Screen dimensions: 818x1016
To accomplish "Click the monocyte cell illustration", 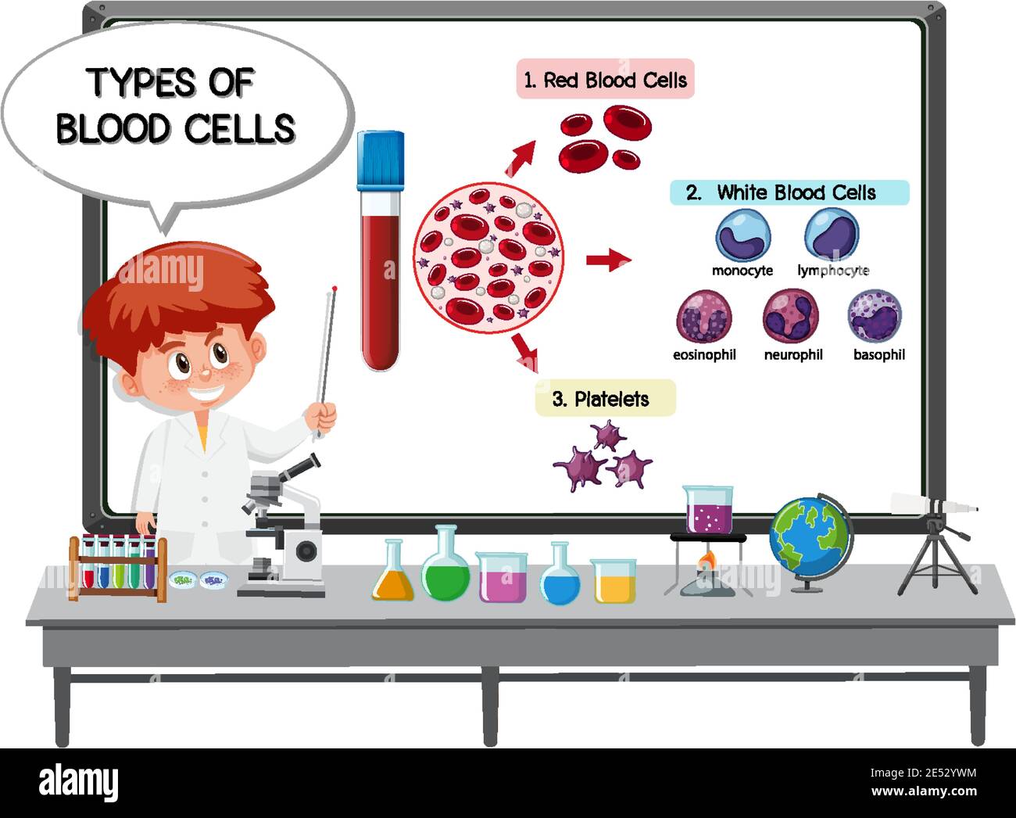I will pyautogui.click(x=742, y=235).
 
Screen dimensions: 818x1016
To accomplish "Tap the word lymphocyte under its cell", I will pyautogui.click(x=832, y=271).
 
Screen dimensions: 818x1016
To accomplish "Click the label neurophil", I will pyautogui.click(x=792, y=354).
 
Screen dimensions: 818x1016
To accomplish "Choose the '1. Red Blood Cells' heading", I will pyautogui.click(x=606, y=80).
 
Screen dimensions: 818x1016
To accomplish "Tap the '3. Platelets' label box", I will pyautogui.click(x=604, y=399).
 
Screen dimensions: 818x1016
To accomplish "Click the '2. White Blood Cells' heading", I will pyautogui.click(x=789, y=192).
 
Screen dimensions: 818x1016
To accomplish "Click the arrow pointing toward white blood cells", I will pyautogui.click(x=609, y=260).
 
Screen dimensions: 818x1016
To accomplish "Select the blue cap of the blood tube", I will pyautogui.click(x=380, y=160).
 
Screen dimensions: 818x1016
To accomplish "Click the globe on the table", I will pyautogui.click(x=810, y=536).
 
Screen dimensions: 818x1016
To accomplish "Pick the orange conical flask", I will pyautogui.click(x=392, y=579).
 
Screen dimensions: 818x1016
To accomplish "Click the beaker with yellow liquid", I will pyautogui.click(x=613, y=583).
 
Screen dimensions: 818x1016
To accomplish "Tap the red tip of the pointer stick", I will pyautogui.click(x=334, y=289).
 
